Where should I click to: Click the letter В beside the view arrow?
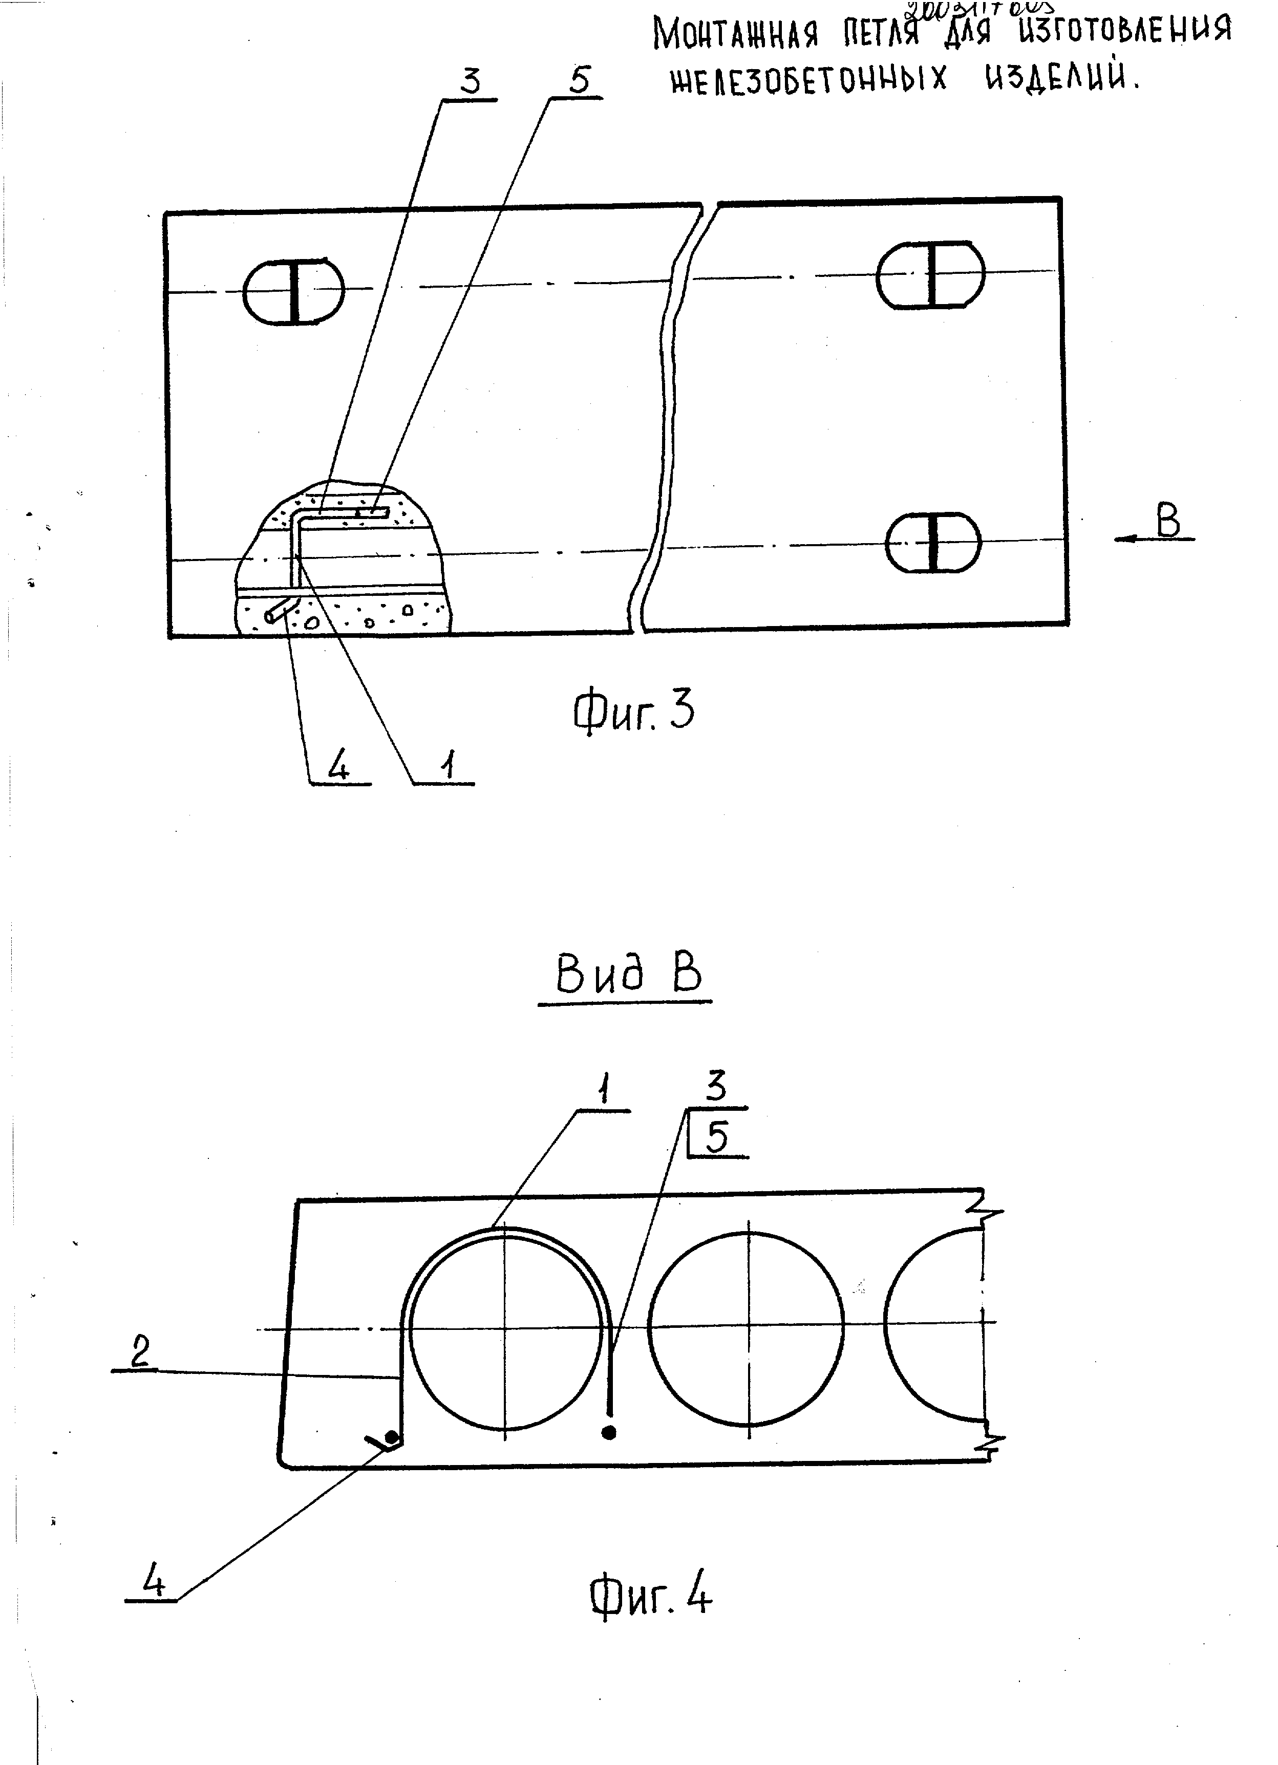(1167, 522)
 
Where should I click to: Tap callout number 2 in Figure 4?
(140, 1352)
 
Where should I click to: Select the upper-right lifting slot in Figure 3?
(931, 275)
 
